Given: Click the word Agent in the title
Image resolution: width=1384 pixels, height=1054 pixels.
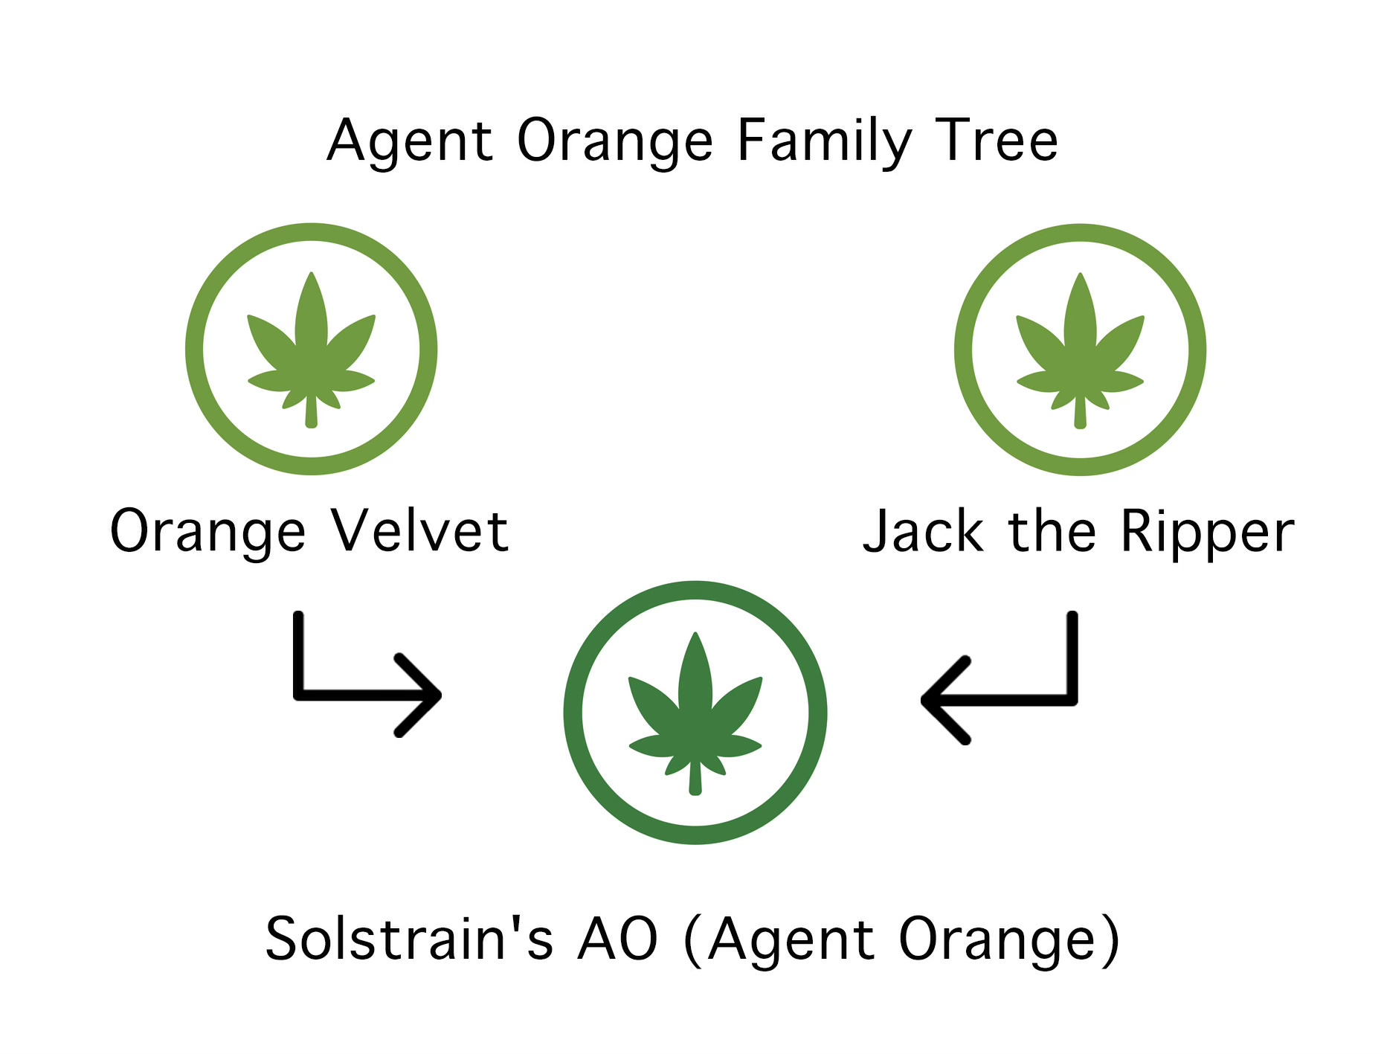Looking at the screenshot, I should [410, 141].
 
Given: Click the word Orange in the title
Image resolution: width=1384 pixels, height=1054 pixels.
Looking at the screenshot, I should [614, 141].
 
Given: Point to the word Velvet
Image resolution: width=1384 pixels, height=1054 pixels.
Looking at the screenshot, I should [420, 531].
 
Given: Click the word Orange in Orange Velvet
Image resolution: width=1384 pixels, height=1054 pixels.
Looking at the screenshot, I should [207, 533].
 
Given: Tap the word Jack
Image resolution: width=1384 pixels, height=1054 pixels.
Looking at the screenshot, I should [922, 531].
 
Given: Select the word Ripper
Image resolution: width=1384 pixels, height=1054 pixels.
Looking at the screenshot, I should [1207, 533].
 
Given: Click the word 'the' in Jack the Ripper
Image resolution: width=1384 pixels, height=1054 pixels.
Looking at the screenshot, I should [1052, 531].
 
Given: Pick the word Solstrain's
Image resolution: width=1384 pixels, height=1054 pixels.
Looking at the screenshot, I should [409, 939].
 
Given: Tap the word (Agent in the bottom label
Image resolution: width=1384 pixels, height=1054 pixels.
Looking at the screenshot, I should [778, 940].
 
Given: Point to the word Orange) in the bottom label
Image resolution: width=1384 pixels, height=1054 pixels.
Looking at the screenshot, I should [1008, 940].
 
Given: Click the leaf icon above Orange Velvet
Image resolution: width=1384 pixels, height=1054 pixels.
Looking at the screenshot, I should [311, 349].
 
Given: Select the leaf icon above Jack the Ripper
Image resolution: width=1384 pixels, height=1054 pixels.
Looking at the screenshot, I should [1080, 350].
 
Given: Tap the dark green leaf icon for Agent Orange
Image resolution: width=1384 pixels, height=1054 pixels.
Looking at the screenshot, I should [695, 713].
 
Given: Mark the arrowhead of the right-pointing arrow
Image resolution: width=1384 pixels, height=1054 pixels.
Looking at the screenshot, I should [428, 695].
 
